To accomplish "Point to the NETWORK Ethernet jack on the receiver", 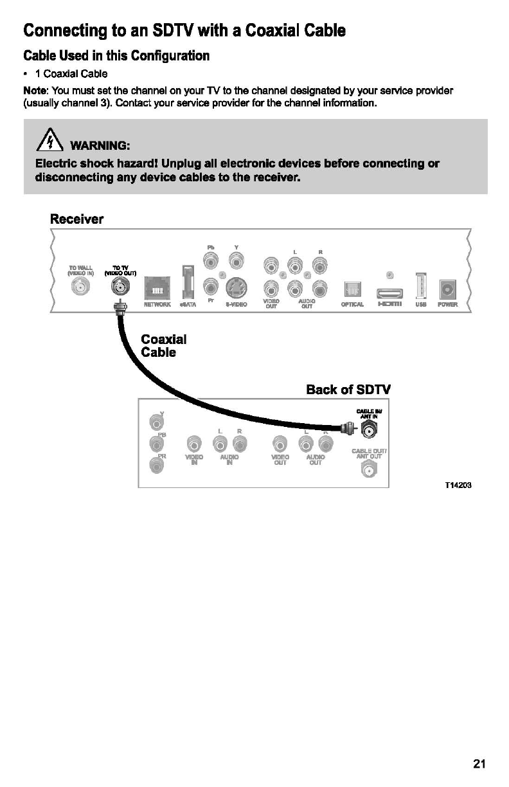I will [156, 287].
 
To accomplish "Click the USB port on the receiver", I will [421, 285].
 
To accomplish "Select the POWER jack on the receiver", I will [447, 287].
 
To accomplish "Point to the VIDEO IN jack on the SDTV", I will [192, 444].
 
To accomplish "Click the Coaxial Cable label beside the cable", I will [163, 345].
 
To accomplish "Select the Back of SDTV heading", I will [348, 390].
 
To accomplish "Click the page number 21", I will [479, 764].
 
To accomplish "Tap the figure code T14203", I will [458, 485].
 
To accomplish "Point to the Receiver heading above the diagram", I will [76, 219].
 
